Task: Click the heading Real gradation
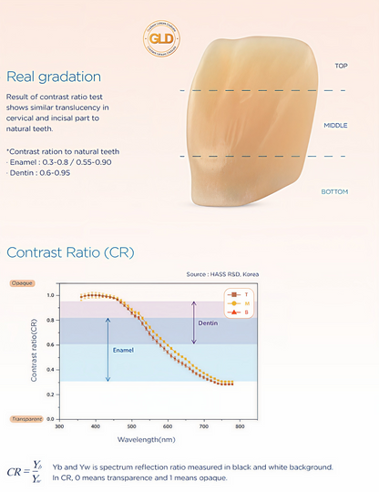(x=54, y=77)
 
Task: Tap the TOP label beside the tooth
(x=341, y=67)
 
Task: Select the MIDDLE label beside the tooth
(x=336, y=125)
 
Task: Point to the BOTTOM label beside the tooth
(x=334, y=191)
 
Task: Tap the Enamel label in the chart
(x=124, y=348)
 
